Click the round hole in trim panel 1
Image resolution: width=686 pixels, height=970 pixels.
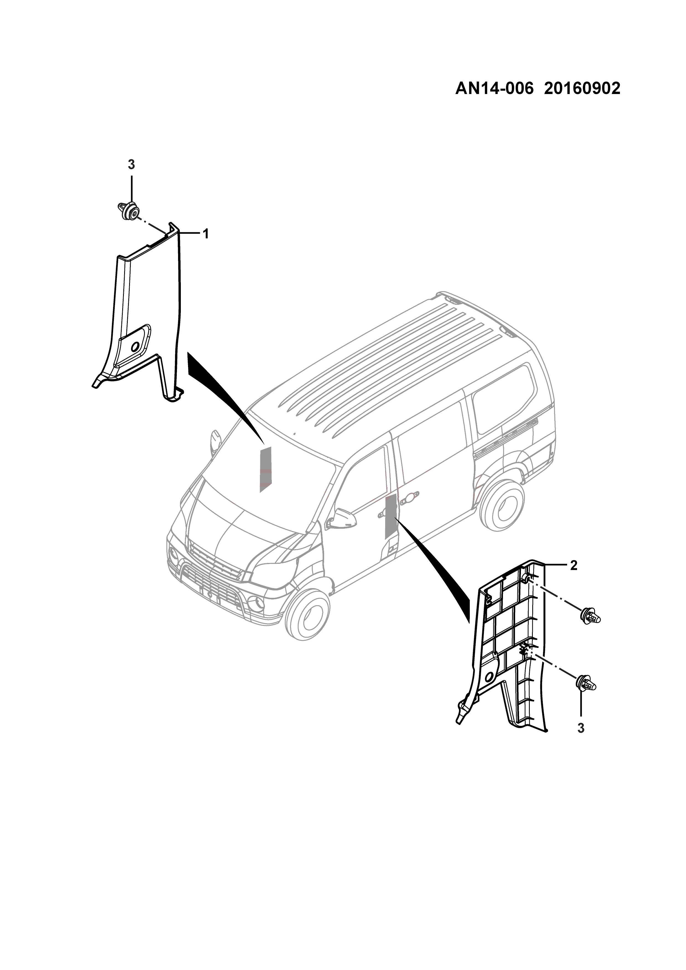136,347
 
